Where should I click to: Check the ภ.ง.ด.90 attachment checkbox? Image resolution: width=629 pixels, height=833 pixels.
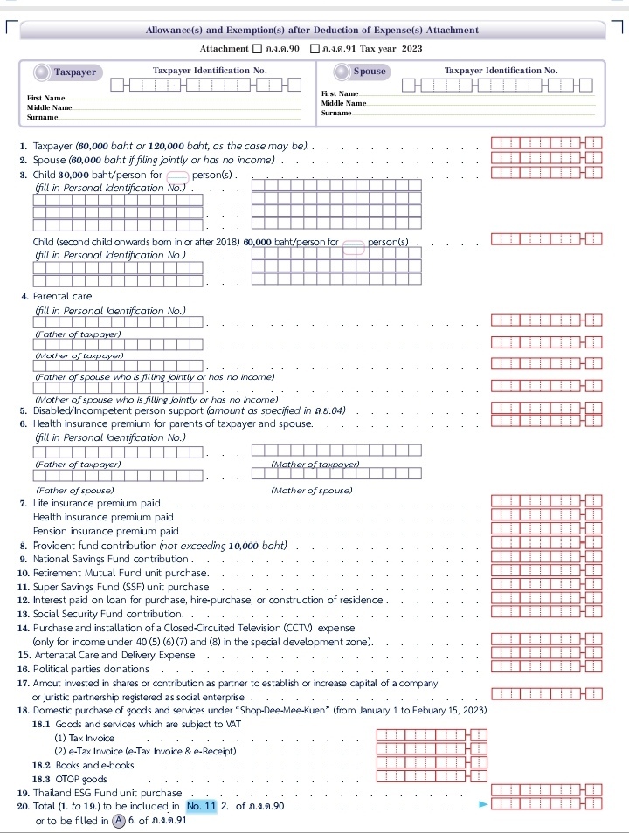pos(257,49)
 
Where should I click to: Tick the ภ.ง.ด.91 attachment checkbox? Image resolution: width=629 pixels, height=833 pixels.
pos(314,49)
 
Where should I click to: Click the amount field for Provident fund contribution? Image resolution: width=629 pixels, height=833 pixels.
pos(546,545)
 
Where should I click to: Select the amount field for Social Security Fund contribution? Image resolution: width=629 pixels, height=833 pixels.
pos(546,614)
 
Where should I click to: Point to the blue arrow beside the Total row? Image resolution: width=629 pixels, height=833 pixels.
pos(482,804)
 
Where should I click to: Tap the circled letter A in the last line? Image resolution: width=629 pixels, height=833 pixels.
pos(119,820)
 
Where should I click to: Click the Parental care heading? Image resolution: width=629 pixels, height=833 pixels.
pos(62,297)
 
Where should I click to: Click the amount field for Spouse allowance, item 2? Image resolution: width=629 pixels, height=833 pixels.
pos(546,159)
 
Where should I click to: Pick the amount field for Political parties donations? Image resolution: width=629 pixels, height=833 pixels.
pos(546,667)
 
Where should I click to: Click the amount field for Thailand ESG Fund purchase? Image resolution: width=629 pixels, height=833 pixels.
pos(546,790)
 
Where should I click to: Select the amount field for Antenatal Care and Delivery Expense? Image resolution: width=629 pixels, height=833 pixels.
pos(546,653)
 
